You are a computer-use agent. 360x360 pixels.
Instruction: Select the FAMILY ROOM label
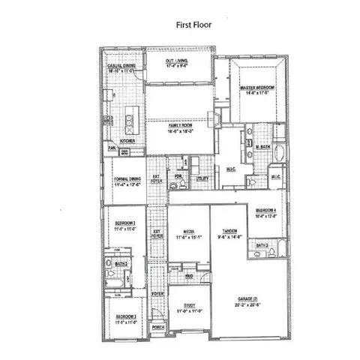(x=179, y=127)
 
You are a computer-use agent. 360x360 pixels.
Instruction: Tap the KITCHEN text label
(x=127, y=140)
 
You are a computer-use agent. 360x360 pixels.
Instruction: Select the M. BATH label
(x=262, y=147)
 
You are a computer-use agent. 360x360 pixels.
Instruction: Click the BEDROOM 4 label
(x=266, y=211)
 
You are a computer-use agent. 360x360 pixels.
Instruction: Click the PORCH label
(x=157, y=328)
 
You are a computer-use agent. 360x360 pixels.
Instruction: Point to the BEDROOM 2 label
(x=124, y=225)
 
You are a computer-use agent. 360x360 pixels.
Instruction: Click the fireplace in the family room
(x=217, y=118)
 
